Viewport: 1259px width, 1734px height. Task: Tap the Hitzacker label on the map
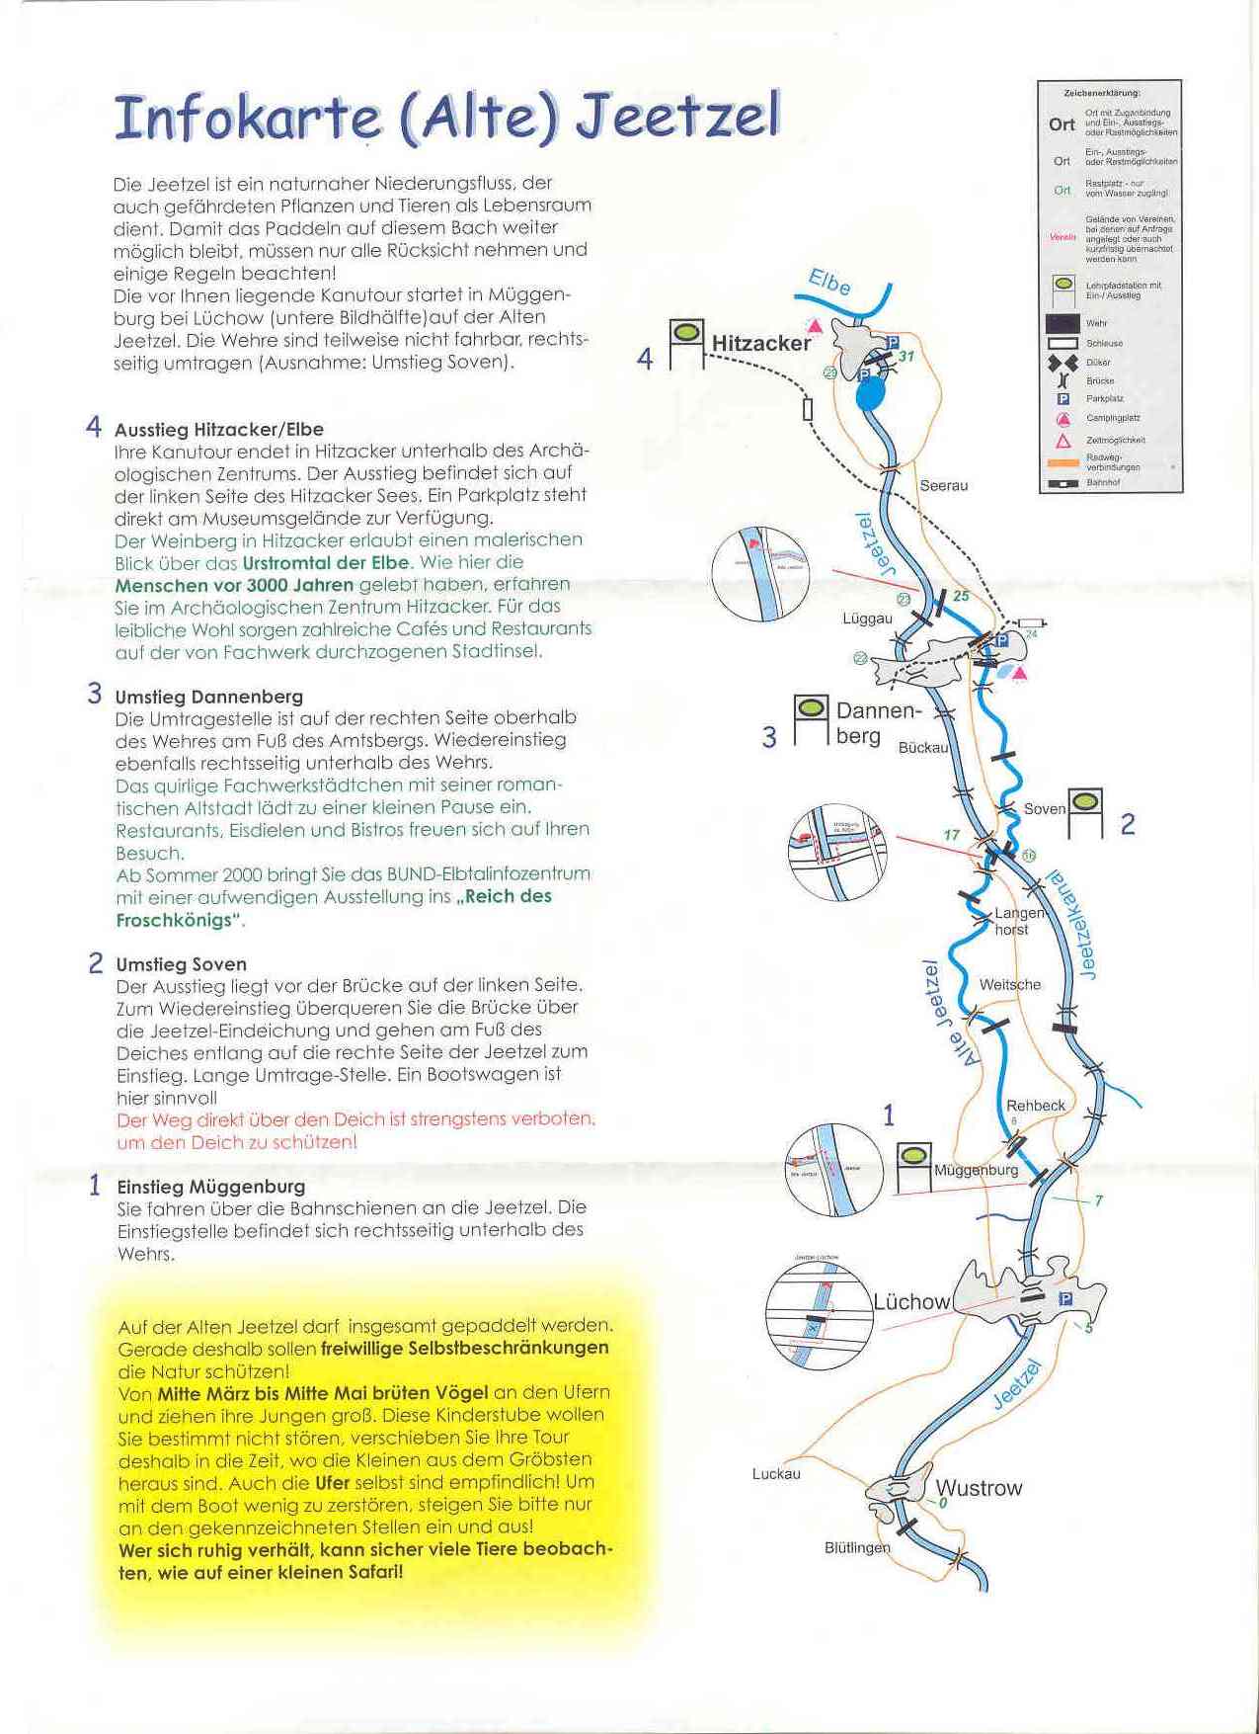click(x=760, y=343)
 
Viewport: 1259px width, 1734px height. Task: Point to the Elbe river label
click(x=829, y=283)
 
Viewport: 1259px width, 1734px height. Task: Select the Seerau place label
click(x=943, y=485)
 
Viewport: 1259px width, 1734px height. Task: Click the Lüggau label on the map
click(x=867, y=619)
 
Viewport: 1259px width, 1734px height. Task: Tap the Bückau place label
click(x=922, y=748)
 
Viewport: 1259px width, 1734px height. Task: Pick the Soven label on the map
click(x=1044, y=809)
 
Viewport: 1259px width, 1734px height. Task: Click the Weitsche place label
click(x=1009, y=984)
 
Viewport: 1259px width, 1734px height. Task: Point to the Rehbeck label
click(x=1035, y=1106)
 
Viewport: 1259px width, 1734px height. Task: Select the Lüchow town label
click(x=910, y=1302)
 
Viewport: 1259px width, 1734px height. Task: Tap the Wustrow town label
click(x=979, y=1488)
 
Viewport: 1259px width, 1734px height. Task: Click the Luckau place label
click(x=776, y=1474)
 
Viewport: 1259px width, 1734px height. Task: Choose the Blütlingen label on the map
click(x=856, y=1548)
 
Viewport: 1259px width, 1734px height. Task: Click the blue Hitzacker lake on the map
click(x=870, y=395)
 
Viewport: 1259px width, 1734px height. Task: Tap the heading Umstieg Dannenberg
click(x=208, y=697)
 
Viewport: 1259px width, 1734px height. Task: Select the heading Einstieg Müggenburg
click(x=210, y=1187)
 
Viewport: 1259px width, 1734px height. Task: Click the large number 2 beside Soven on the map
click(x=1127, y=823)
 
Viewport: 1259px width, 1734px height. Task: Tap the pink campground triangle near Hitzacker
click(x=815, y=326)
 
